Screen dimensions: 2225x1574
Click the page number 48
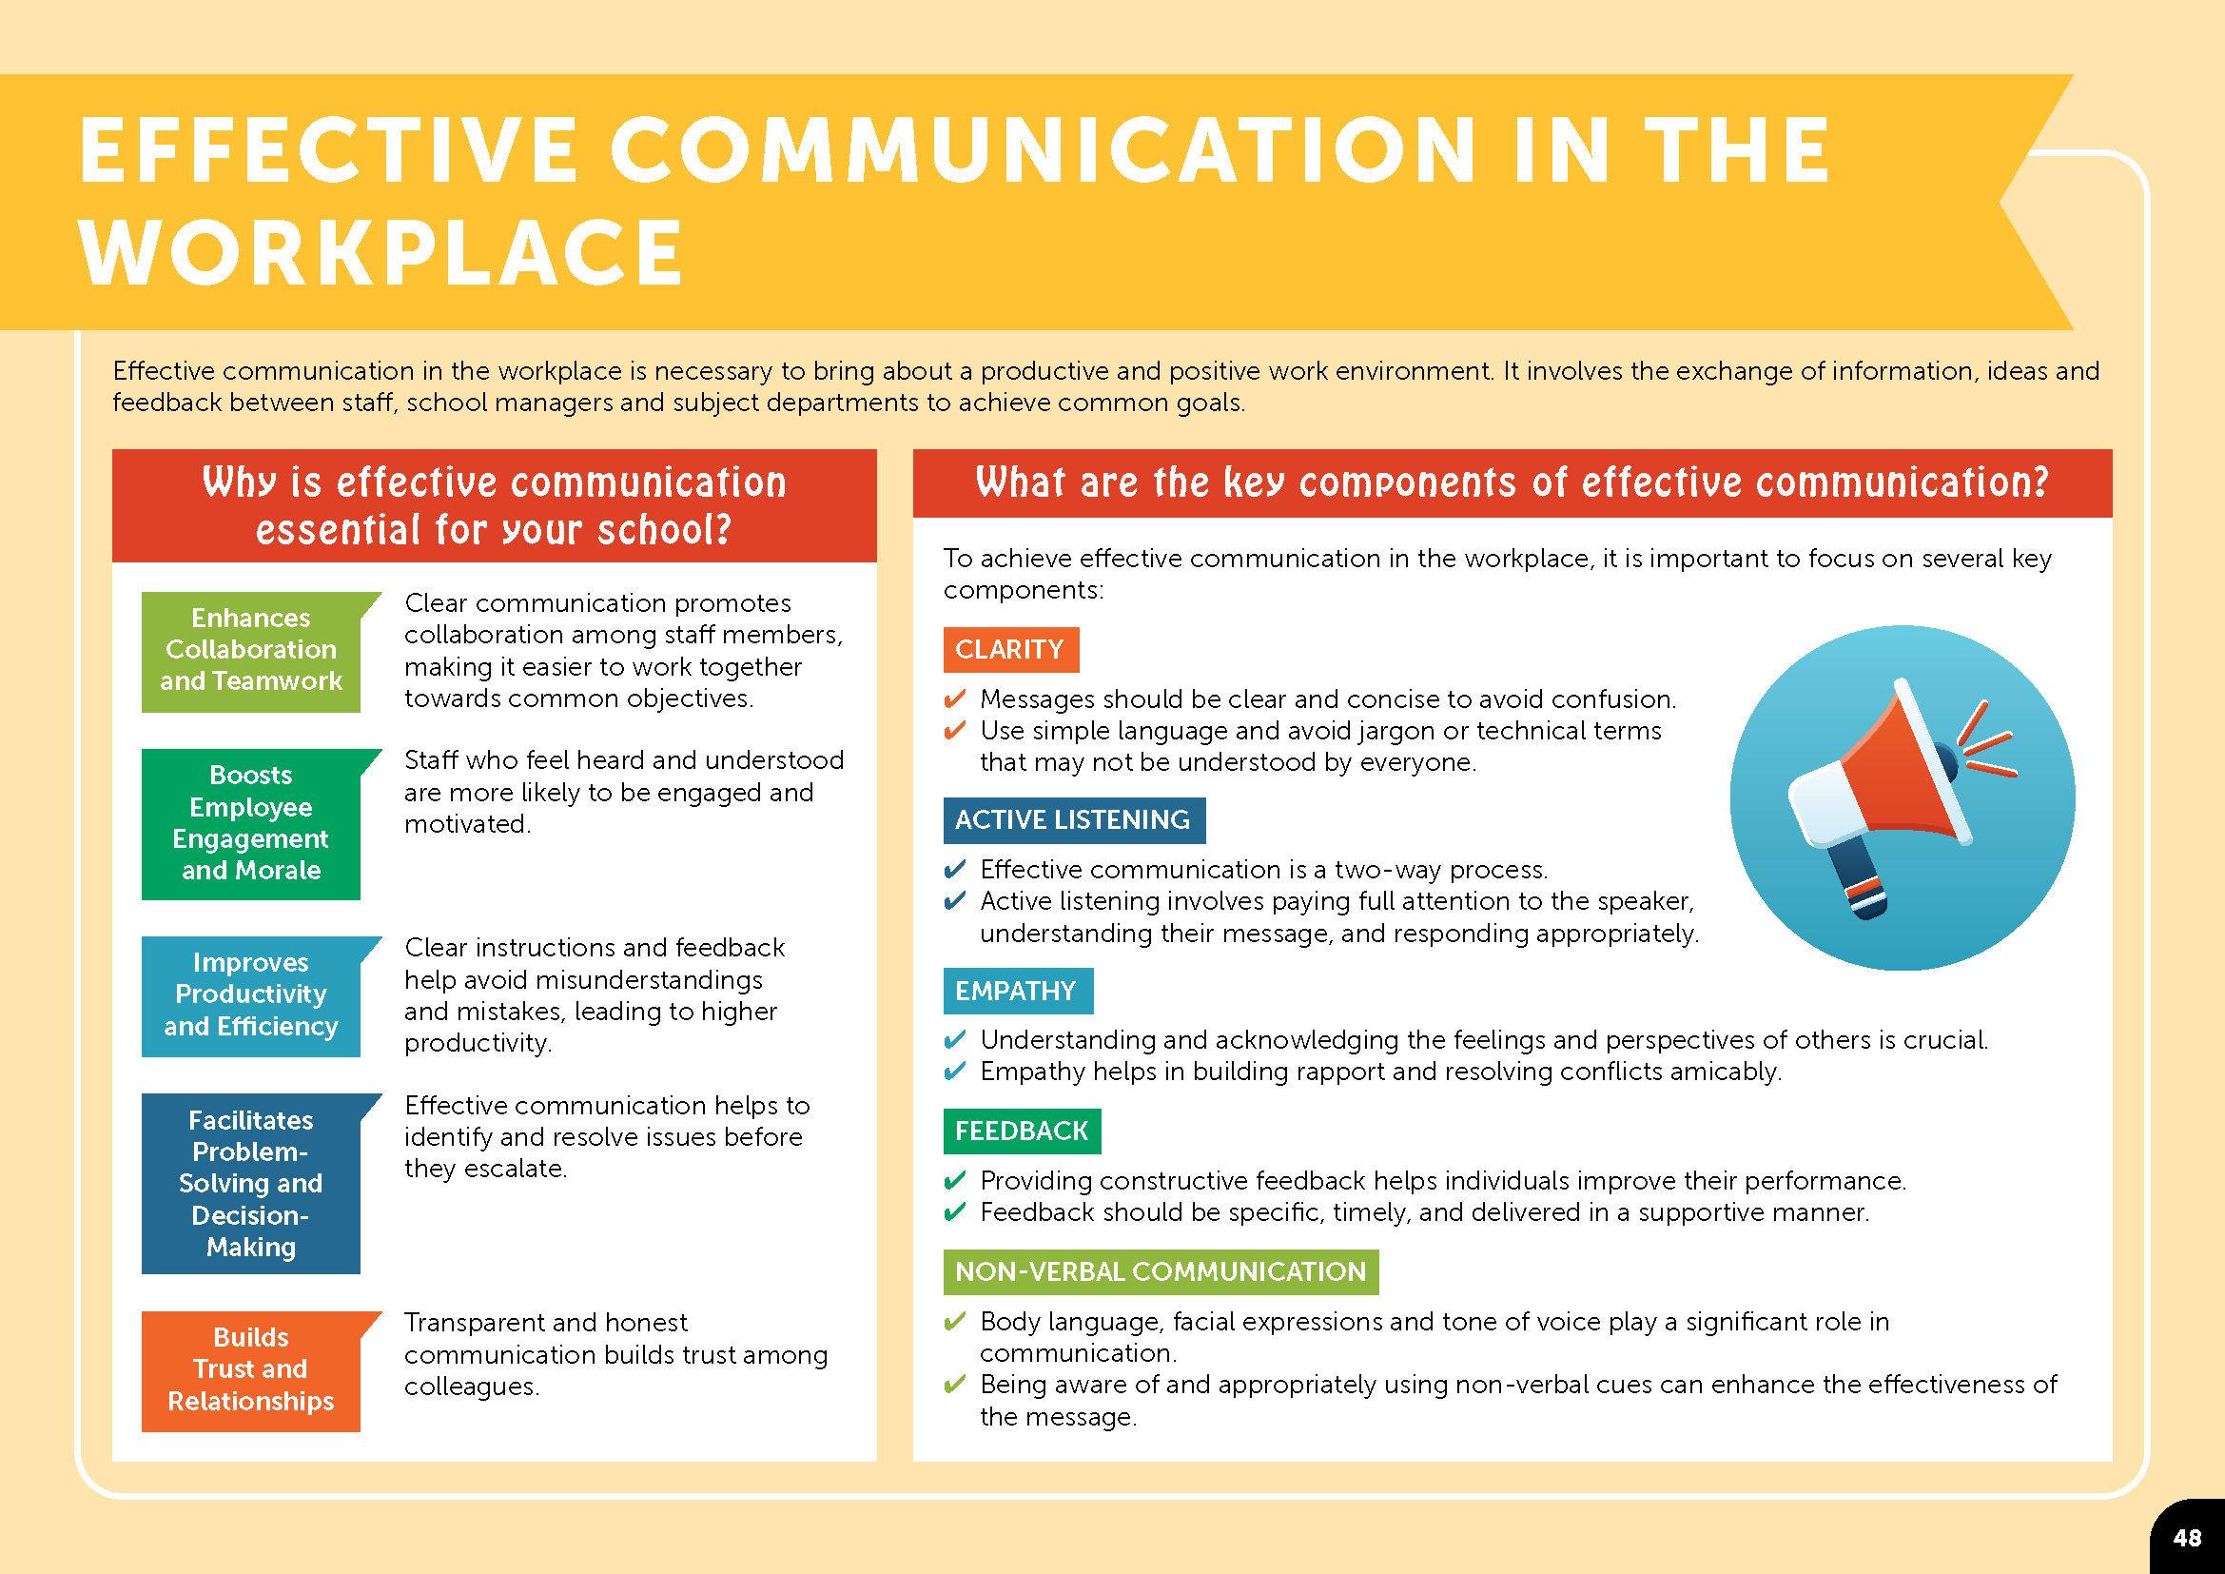[x=2187, y=1538]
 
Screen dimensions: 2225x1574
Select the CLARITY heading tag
[x=1011, y=649]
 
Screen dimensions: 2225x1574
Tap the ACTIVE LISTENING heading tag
[x=1074, y=820]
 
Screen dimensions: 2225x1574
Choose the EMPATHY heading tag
[x=1018, y=991]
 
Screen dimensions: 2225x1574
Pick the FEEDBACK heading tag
[x=1023, y=1131]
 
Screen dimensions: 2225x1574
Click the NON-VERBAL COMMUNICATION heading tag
[x=1161, y=1271]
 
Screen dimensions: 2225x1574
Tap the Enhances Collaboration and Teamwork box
[x=251, y=652]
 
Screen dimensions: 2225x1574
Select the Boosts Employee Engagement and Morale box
[x=251, y=824]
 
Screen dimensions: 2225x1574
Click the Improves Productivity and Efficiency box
[x=251, y=996]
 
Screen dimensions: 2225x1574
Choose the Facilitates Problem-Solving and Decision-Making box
[x=251, y=1184]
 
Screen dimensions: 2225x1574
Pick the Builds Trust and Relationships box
[x=251, y=1371]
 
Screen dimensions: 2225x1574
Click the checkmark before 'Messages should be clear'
[x=954, y=698]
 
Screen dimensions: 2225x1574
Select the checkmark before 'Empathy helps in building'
[x=954, y=1071]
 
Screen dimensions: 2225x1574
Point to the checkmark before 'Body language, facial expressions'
[x=954, y=1321]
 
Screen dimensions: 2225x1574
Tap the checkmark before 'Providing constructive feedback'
[x=954, y=1180]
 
